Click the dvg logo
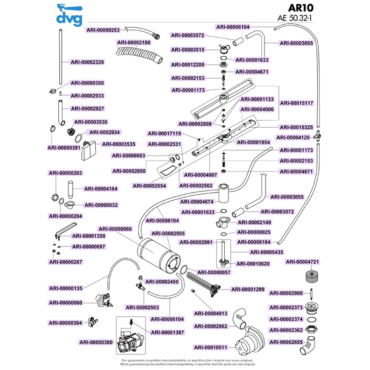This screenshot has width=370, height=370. (x=69, y=15)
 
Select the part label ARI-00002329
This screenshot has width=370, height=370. (x=87, y=62)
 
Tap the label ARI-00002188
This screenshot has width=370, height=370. (x=134, y=42)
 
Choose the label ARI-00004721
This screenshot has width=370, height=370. (x=303, y=262)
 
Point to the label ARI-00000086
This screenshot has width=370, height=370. (x=115, y=229)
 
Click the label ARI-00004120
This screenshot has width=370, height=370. (x=293, y=137)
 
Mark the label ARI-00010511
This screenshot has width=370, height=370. (x=210, y=347)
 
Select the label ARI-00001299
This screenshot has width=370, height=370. (x=248, y=290)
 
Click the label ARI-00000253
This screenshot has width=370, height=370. (x=103, y=30)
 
